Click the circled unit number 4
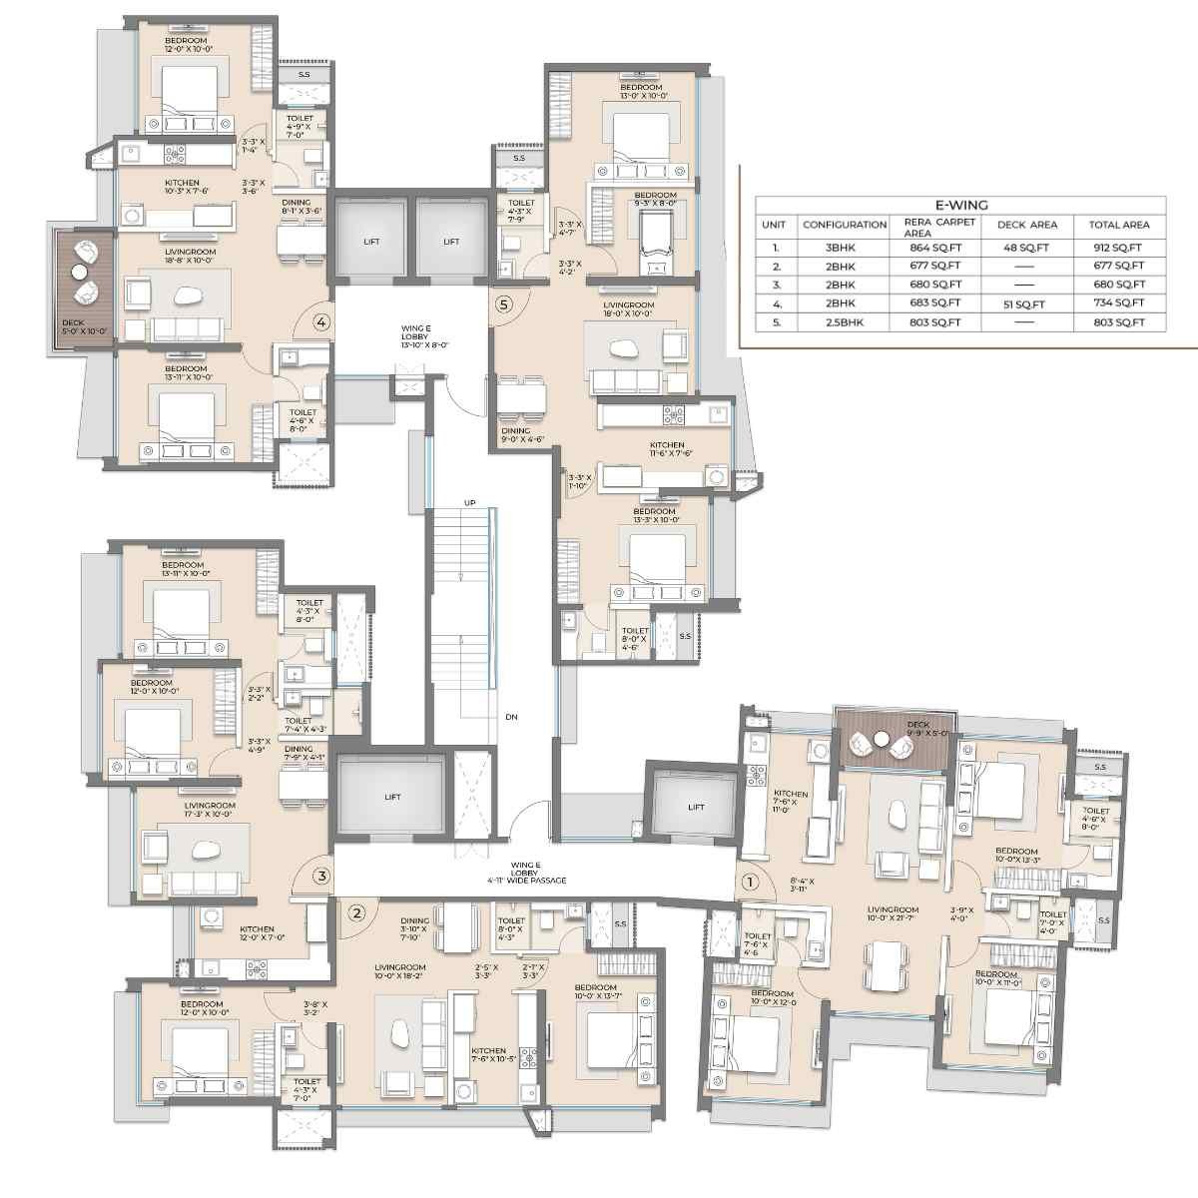(x=320, y=322)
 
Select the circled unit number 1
(x=751, y=883)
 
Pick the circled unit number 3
(x=320, y=877)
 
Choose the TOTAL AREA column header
(x=1118, y=225)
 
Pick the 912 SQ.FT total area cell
(x=1118, y=248)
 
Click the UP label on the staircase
(x=469, y=501)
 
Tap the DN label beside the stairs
(x=511, y=717)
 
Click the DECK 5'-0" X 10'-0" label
(x=74, y=326)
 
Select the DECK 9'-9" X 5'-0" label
(x=916, y=729)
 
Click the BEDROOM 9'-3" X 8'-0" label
(x=655, y=199)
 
